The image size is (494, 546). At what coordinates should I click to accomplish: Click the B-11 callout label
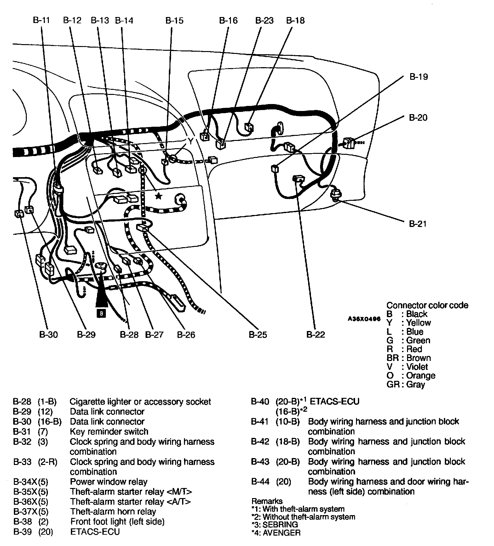[41, 20]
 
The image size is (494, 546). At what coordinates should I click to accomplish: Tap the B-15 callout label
[174, 20]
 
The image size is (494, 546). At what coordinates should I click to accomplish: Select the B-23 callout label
[264, 20]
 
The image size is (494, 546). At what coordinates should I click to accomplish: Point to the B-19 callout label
[418, 77]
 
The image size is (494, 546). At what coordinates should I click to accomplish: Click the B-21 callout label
[418, 224]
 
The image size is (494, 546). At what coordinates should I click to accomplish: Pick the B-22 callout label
[315, 334]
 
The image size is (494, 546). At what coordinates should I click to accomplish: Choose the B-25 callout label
[258, 334]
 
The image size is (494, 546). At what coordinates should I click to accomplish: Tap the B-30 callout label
[49, 334]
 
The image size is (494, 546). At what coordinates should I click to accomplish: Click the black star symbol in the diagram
[158, 196]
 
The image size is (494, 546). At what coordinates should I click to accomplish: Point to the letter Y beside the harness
[191, 140]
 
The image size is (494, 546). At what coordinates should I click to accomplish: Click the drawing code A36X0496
[364, 319]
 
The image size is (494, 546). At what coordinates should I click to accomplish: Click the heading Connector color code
[427, 305]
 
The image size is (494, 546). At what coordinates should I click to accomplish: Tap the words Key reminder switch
[109, 432]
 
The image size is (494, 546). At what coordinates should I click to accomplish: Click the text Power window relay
[109, 482]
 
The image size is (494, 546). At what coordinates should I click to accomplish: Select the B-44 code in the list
[260, 482]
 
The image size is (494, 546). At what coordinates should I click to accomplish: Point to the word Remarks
[267, 501]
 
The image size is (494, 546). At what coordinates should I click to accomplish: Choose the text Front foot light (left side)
[117, 521]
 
